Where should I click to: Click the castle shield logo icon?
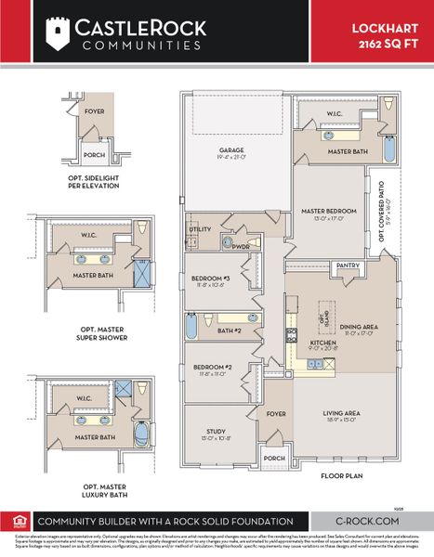(58, 34)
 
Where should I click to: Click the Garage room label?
(232, 151)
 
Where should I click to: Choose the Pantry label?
(348, 265)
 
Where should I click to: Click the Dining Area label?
(357, 326)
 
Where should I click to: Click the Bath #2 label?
(230, 330)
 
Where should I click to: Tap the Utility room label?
(201, 228)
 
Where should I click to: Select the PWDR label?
(241, 246)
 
